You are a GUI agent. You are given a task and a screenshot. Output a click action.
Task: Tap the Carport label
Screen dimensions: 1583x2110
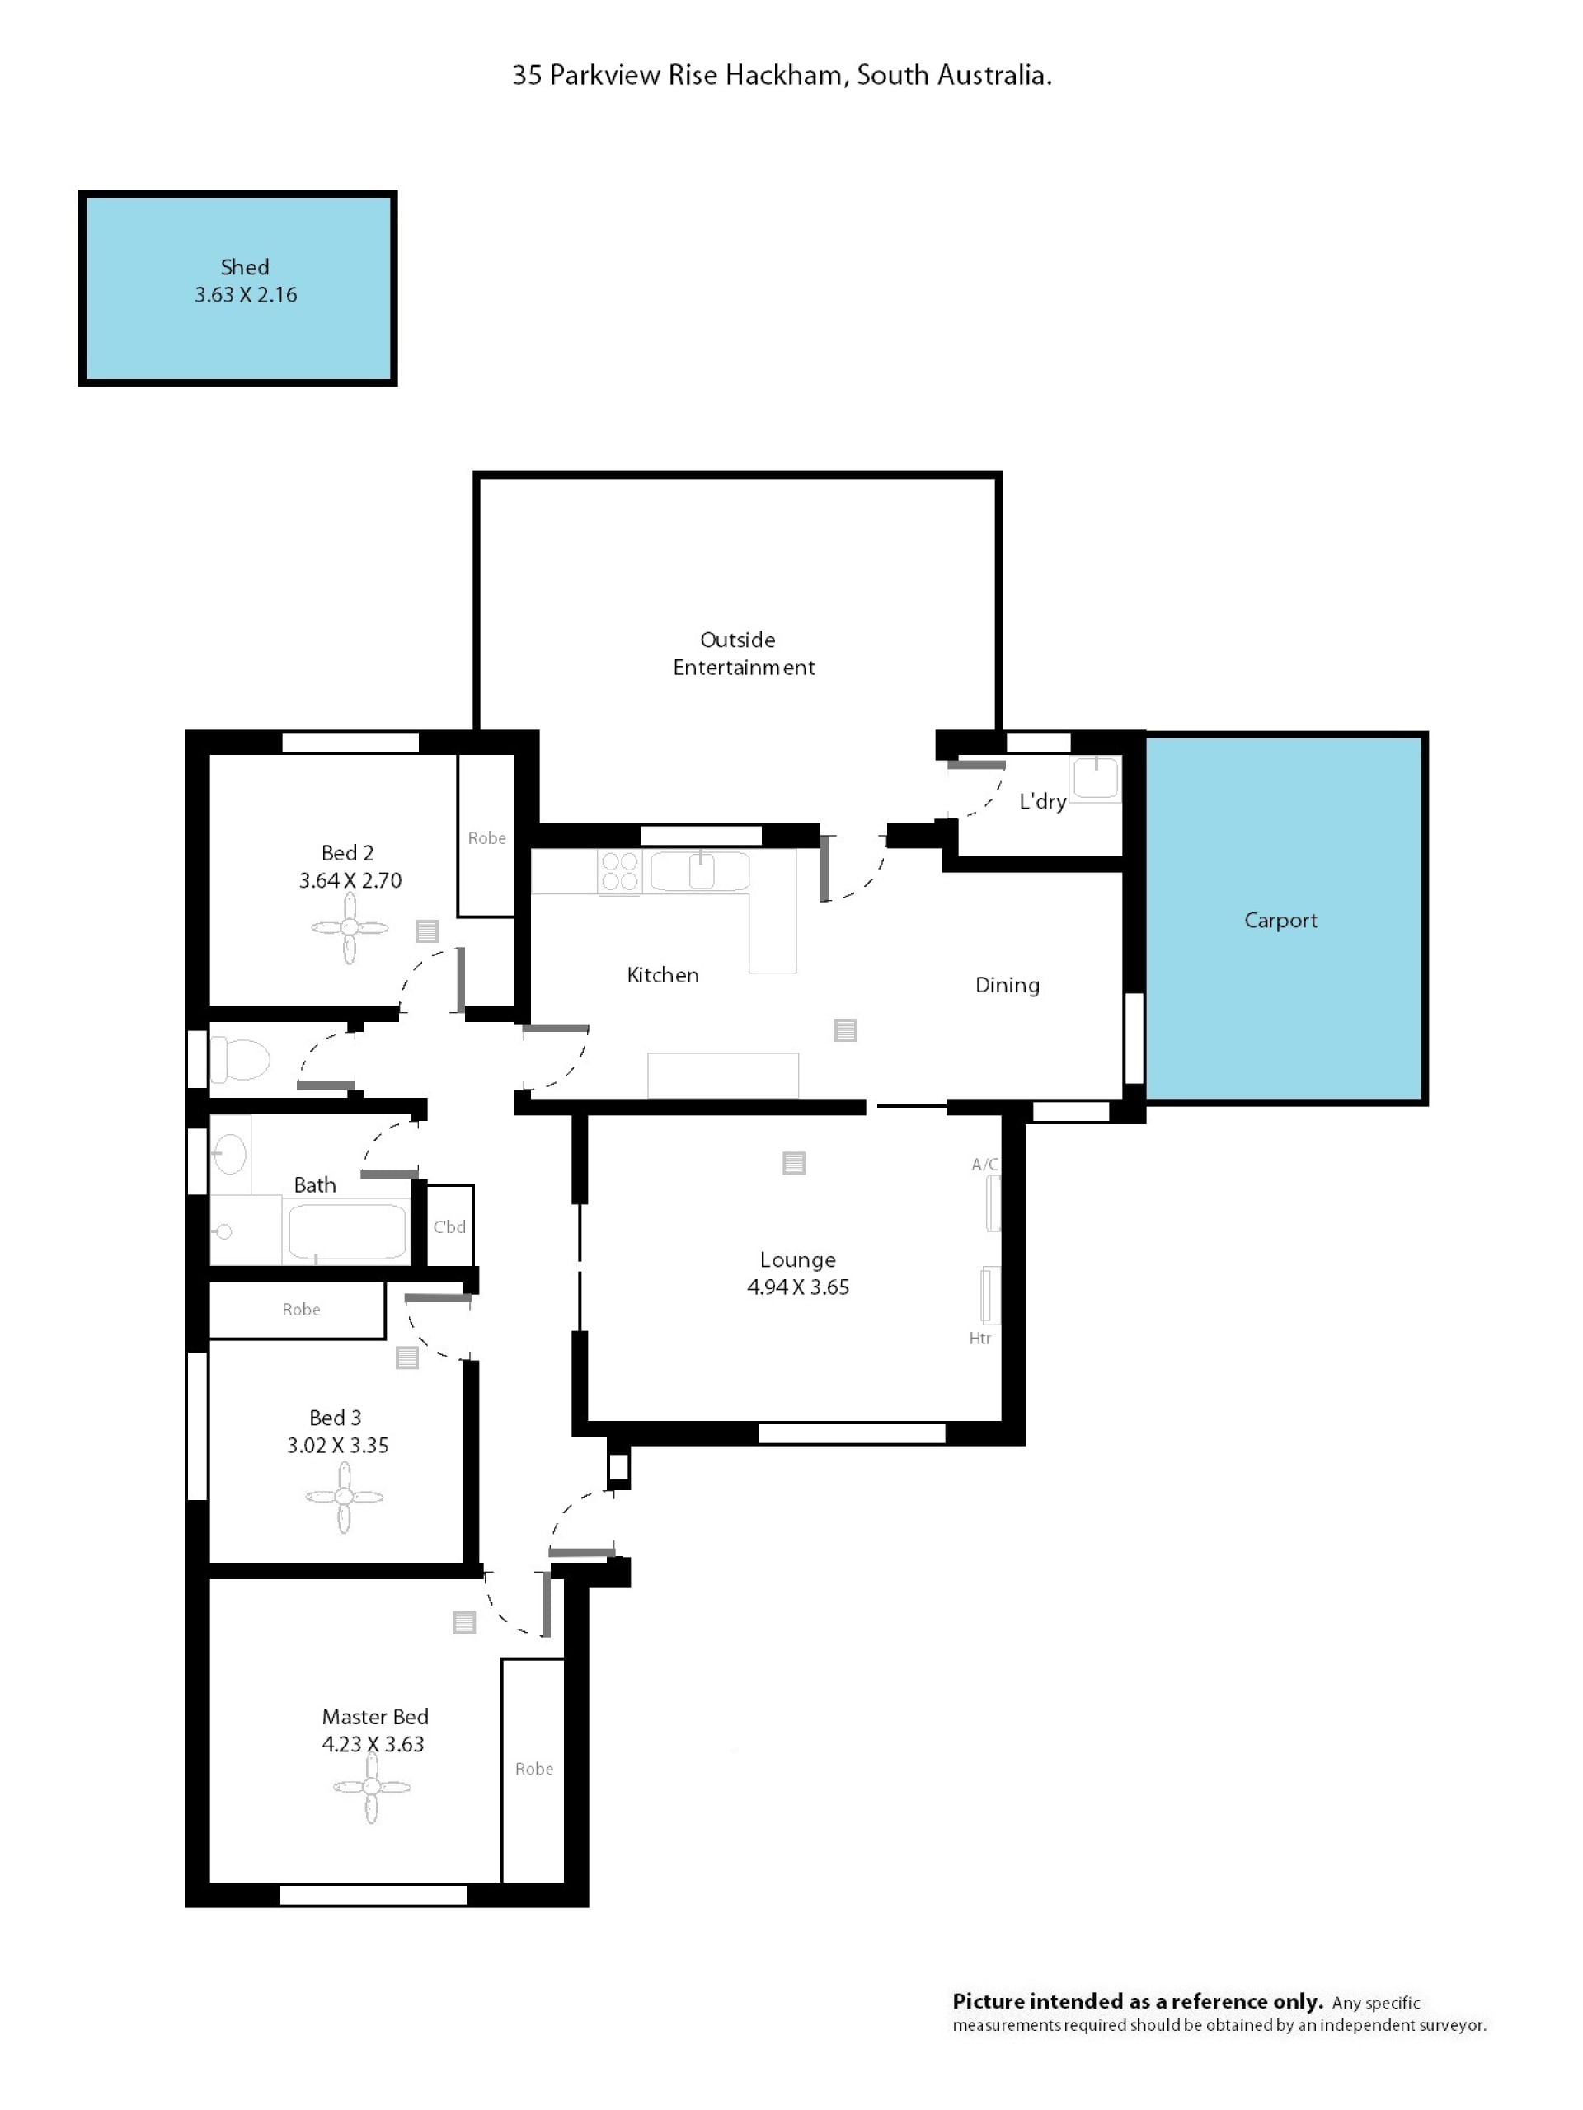[1280, 920]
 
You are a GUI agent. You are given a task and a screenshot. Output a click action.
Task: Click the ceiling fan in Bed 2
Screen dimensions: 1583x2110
[350, 927]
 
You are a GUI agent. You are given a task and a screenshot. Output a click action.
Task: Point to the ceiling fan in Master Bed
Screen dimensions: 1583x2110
[371, 1787]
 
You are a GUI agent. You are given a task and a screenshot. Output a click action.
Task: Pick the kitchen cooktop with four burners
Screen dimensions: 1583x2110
[619, 872]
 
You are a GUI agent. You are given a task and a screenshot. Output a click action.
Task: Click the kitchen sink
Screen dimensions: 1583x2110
[700, 871]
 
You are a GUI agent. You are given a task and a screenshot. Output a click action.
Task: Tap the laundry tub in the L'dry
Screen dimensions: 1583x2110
[1096, 777]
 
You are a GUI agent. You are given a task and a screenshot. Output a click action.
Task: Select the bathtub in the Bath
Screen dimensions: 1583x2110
[347, 1231]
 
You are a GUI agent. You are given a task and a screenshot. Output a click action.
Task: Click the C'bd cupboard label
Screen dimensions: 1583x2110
[449, 1226]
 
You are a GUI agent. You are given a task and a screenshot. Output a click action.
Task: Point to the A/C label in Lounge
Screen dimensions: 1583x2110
[984, 1164]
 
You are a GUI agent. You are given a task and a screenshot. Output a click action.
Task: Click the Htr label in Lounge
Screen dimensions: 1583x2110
[980, 1339]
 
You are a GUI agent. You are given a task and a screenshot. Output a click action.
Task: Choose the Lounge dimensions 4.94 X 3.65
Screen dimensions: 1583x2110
[798, 1287]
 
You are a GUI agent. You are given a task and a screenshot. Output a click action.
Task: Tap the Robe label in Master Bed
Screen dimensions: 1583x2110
[533, 1769]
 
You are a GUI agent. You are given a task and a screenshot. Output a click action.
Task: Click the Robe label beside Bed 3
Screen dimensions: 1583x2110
[301, 1310]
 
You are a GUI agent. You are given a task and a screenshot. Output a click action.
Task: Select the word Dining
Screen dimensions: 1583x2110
[1007, 986]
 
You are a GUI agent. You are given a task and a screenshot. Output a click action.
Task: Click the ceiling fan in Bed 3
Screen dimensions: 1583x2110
[345, 1497]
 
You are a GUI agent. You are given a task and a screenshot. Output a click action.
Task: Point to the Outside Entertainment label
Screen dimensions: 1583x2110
[744, 654]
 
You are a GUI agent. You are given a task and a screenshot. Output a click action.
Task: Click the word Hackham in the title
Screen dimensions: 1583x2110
[783, 75]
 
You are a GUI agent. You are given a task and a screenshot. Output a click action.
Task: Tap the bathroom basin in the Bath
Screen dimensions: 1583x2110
[229, 1154]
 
